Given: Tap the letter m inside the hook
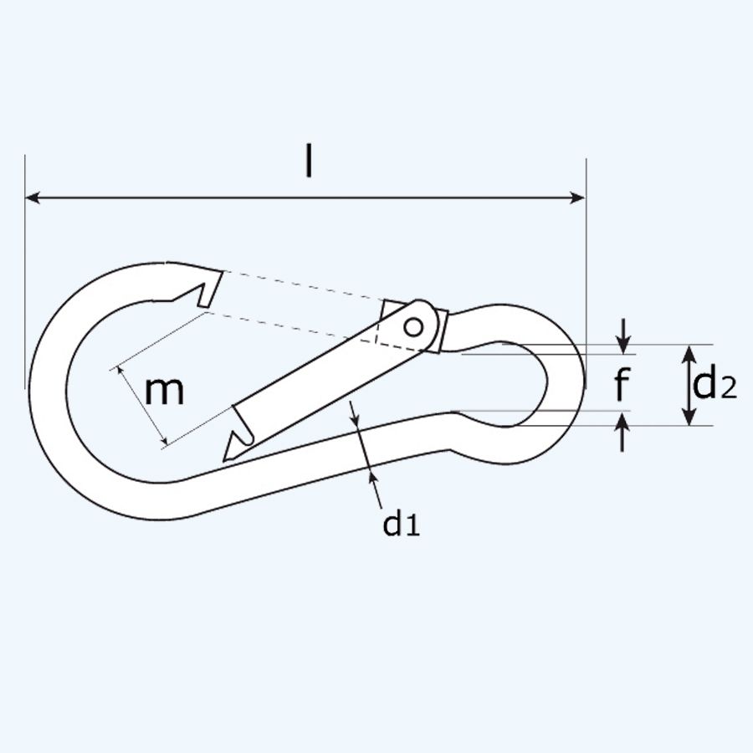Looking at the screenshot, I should point(164,391).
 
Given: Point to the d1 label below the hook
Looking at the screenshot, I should point(400,524).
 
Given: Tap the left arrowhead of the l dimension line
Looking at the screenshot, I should point(33,198).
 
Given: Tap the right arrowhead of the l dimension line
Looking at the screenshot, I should point(577,198).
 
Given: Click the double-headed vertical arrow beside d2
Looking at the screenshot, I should point(688,385).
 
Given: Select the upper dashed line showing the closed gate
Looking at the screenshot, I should point(301,284).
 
